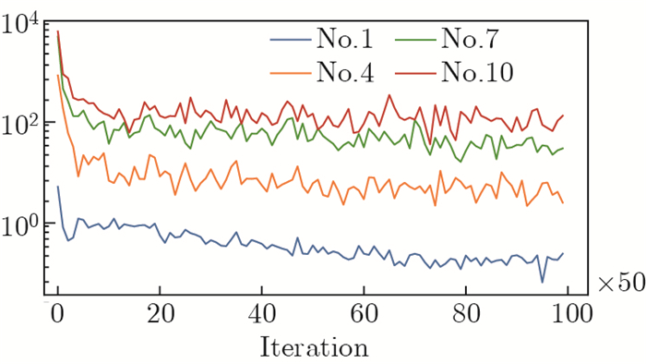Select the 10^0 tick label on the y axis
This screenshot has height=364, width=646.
pyautogui.click(x=21, y=224)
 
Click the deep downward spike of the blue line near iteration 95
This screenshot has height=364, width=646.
pyautogui.click(x=543, y=281)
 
